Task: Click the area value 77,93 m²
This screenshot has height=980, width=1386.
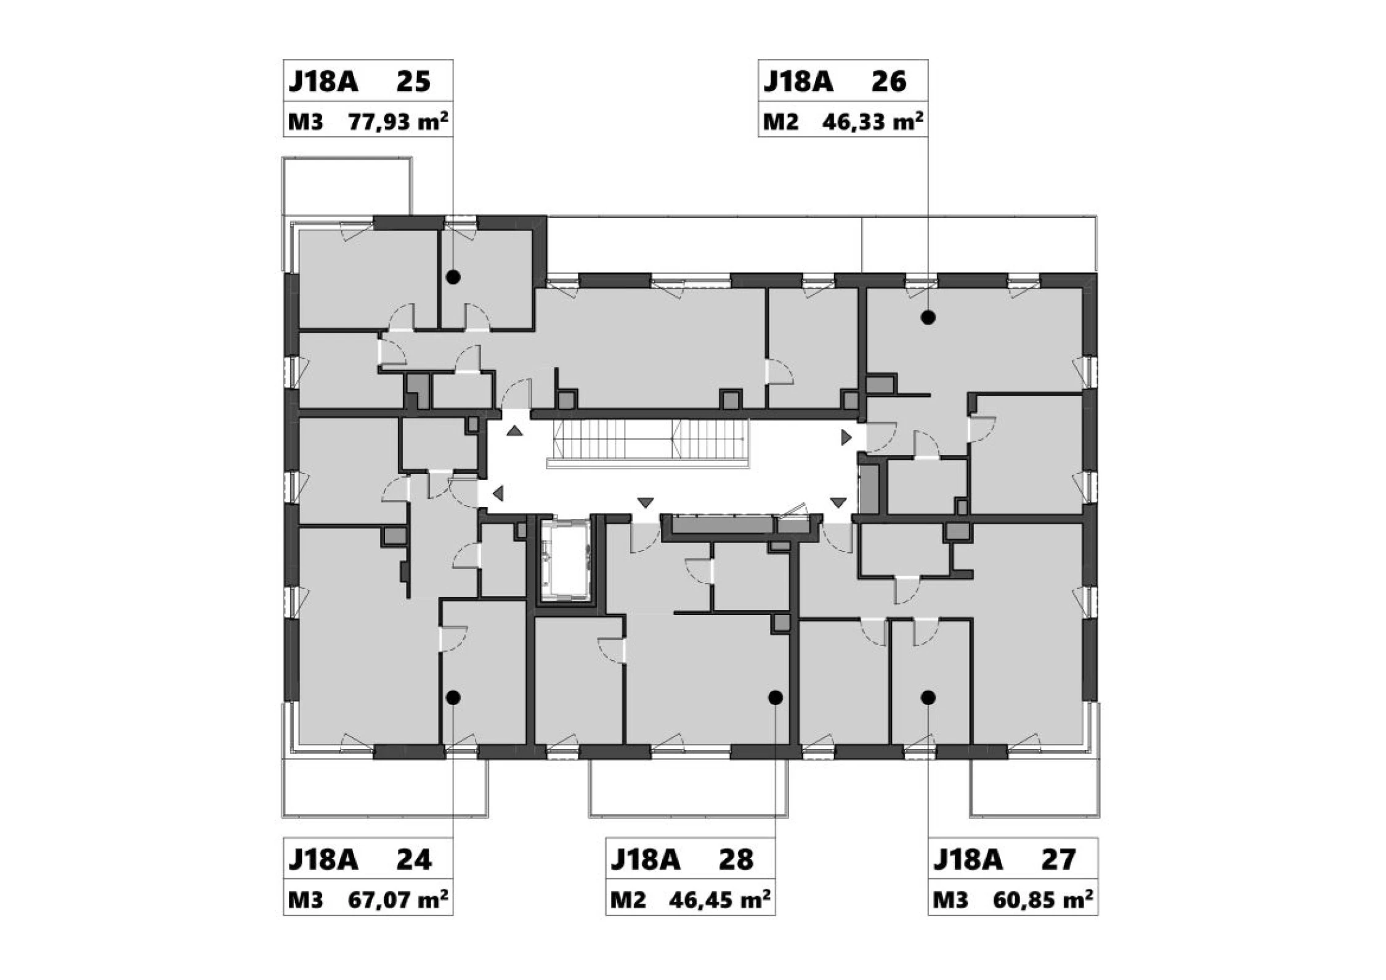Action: [398, 121]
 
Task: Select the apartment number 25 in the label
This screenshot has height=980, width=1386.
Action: [413, 81]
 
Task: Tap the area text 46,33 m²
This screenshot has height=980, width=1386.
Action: [872, 121]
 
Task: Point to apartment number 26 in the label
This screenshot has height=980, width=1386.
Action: [889, 81]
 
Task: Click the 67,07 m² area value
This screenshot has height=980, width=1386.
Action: [398, 900]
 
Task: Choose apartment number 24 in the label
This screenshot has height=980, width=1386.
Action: [414, 860]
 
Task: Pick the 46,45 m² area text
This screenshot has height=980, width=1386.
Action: [719, 900]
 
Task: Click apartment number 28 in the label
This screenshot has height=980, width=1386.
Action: [736, 860]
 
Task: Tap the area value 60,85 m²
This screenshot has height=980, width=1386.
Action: [1043, 900]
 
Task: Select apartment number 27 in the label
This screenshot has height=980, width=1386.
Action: [1058, 860]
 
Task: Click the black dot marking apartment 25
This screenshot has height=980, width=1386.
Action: [453, 277]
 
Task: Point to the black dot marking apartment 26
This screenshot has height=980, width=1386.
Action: [928, 317]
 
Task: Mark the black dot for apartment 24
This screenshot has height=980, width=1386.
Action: [453, 698]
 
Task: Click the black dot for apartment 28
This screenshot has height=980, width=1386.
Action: [776, 698]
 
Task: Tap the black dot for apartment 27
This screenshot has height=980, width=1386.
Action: [928, 698]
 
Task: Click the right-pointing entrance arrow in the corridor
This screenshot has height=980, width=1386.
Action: [847, 438]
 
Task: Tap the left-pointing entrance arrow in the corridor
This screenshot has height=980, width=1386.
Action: [498, 493]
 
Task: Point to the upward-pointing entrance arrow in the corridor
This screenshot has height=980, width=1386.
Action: [515, 431]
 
